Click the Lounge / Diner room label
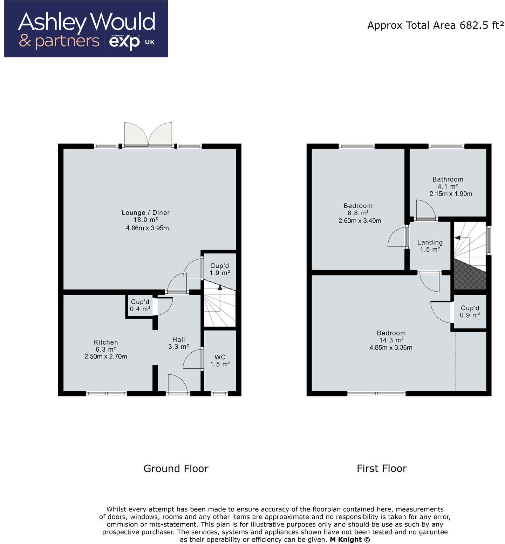(145, 212)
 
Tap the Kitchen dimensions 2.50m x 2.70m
(105, 356)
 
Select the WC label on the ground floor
(220, 357)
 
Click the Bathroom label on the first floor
(448, 179)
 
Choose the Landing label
(430, 242)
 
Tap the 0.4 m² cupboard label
(140, 309)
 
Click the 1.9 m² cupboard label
(220, 273)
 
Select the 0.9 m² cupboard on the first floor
(470, 315)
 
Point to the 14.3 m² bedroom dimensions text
(391, 348)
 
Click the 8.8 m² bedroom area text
(358, 213)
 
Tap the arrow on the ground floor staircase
(220, 287)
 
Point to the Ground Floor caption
(176, 469)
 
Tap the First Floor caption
(382, 469)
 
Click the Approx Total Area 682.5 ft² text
(436, 25)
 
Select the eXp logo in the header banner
(124, 42)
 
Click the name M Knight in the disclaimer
(346, 540)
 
